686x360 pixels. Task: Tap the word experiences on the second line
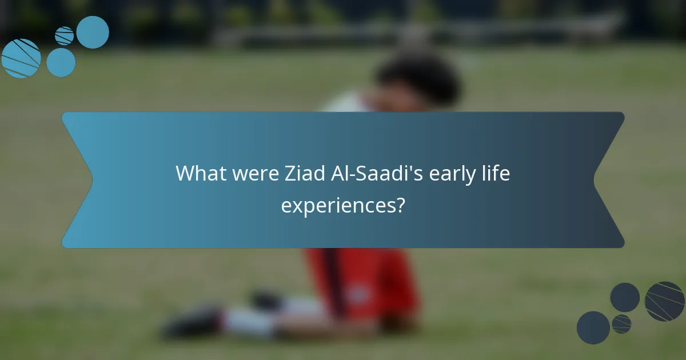[x=337, y=205]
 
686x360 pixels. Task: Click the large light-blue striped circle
[x=21, y=58]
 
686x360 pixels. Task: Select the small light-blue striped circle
[x=64, y=35]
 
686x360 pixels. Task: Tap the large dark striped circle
[x=664, y=301]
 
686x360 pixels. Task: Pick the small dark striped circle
[x=621, y=324]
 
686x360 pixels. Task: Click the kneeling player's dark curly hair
[x=417, y=80]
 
